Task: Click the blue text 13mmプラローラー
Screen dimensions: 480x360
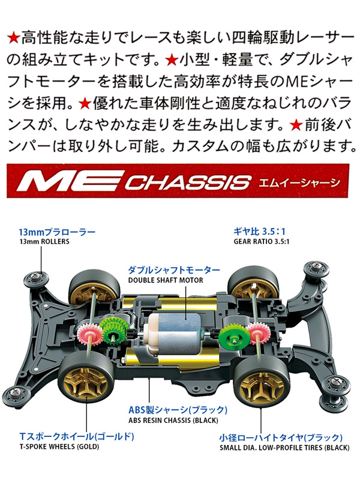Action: click(56, 231)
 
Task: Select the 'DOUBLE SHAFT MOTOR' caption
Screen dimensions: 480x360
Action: click(165, 280)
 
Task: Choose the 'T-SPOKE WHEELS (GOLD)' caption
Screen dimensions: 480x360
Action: click(54, 448)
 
